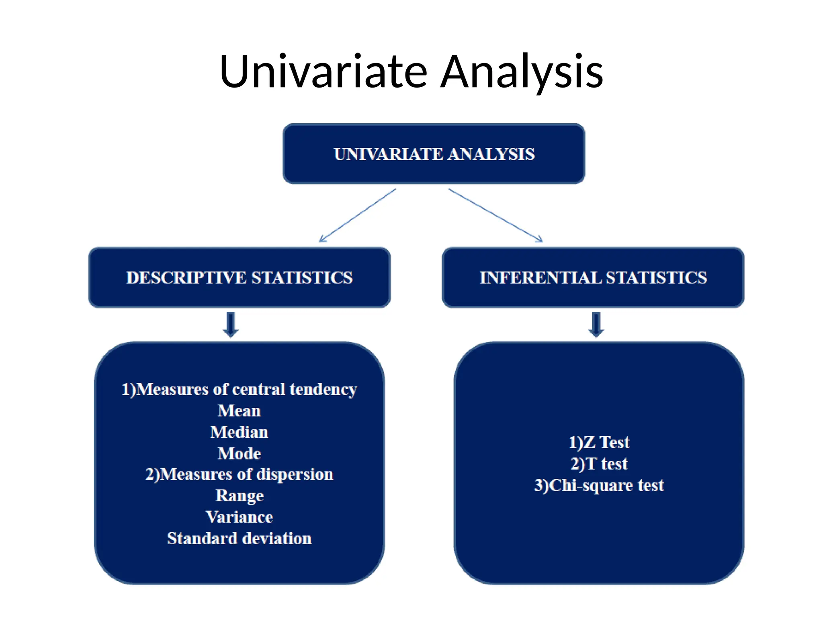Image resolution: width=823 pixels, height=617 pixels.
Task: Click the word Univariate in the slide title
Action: tap(323, 72)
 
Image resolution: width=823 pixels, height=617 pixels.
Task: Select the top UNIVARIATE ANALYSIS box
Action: tap(434, 154)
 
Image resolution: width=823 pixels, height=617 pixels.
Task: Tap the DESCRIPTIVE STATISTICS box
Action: tap(239, 278)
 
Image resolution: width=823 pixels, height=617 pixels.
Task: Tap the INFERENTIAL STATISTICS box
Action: tap(593, 278)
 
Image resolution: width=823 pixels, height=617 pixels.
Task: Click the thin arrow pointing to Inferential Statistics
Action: tap(496, 216)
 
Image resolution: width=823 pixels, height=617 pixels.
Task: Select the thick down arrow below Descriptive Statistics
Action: tap(231, 324)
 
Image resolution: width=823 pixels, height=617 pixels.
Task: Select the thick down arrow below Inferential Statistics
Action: tap(596, 324)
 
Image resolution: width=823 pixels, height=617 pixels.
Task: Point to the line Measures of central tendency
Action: tap(239, 389)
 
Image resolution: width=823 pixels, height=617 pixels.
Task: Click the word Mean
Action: tap(239, 411)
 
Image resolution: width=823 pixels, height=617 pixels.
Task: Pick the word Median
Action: tap(239, 432)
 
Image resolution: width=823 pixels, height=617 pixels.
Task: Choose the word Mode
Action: tap(239, 454)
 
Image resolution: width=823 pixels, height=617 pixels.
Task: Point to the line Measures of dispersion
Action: tap(239, 474)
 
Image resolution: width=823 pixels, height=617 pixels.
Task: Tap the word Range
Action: tap(239, 496)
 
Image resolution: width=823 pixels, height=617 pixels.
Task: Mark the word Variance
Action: tap(239, 517)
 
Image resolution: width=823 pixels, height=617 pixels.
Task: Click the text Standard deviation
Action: tap(239, 538)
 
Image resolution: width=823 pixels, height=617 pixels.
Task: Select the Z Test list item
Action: tap(599, 442)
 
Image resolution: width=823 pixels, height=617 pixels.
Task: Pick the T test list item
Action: tap(599, 464)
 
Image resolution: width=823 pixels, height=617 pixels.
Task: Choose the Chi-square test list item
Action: tap(599, 485)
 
